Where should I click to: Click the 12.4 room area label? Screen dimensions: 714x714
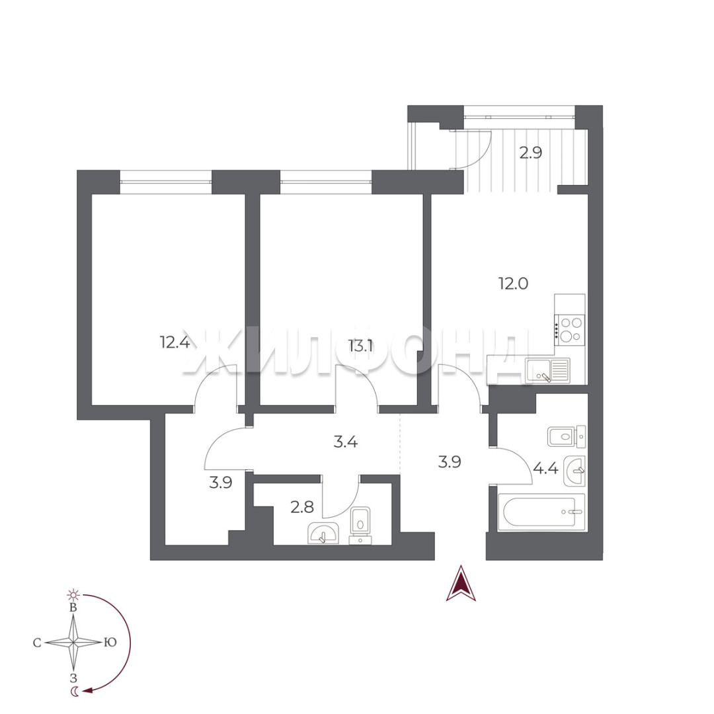point(175,342)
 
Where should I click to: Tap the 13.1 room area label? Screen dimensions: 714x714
point(361,346)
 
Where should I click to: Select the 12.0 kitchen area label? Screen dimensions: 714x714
point(513,284)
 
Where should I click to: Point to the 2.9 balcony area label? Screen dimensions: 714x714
point(531,153)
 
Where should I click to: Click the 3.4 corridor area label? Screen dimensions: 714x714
point(346,441)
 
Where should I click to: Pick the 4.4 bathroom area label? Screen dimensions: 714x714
point(545,468)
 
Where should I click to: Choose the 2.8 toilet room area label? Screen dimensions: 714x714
point(302,506)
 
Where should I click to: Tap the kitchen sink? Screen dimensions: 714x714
point(547,370)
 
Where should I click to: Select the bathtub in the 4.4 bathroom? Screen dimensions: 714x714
point(541,512)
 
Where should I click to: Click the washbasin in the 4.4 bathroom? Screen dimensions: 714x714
point(575,471)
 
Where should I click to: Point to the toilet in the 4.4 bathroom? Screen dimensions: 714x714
point(567,437)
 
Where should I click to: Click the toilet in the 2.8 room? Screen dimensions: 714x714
point(360,526)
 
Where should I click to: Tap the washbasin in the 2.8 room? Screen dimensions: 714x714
point(323,534)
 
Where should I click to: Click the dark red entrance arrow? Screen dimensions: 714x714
point(461,583)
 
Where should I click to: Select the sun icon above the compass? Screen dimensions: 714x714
point(73,594)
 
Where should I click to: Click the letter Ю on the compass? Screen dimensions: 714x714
point(110,642)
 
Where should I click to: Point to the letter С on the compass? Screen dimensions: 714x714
point(37,643)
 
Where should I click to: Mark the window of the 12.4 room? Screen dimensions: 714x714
point(166,177)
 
